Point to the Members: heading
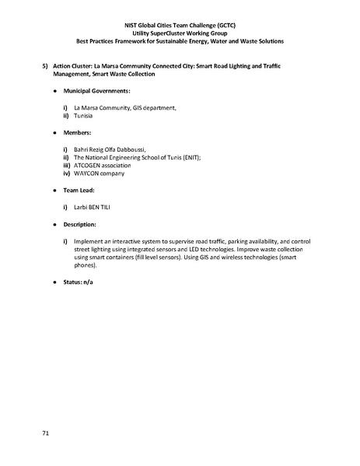pyautogui.click(x=78, y=132)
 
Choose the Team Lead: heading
pyautogui.click(x=82, y=190)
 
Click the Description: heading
pyautogui.click(x=82, y=224)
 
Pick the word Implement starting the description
pyautogui.click(x=89, y=241)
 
